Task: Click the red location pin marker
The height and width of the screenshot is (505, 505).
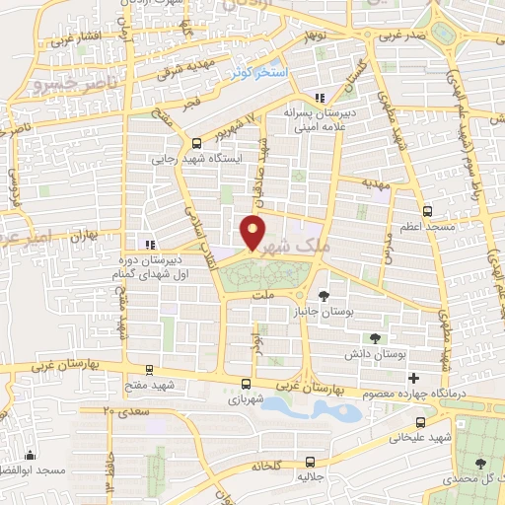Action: [253, 232]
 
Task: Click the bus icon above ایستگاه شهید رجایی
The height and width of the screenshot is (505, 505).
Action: [196, 142]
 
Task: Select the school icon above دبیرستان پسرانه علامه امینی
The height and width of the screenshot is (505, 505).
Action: [319, 98]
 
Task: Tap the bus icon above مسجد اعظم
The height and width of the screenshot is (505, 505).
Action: [427, 211]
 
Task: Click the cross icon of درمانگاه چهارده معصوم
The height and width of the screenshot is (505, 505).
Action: [413, 378]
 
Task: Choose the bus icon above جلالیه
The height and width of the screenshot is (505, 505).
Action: [311, 461]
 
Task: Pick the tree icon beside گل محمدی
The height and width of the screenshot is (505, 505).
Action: [480, 463]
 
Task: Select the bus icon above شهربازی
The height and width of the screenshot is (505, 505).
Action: [246, 385]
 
